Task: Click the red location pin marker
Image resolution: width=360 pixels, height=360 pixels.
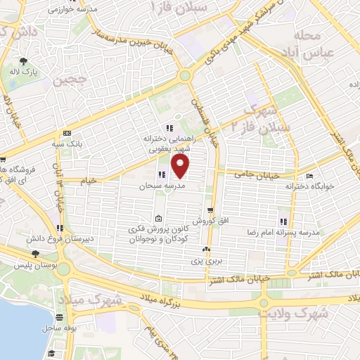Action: coord(181,166)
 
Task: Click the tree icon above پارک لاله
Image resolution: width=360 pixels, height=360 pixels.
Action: coord(24,61)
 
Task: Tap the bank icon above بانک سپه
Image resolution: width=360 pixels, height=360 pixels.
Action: coord(67,132)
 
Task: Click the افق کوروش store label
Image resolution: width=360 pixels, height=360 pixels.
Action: coord(209,221)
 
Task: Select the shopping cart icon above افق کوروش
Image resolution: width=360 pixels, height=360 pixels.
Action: coord(210,210)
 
